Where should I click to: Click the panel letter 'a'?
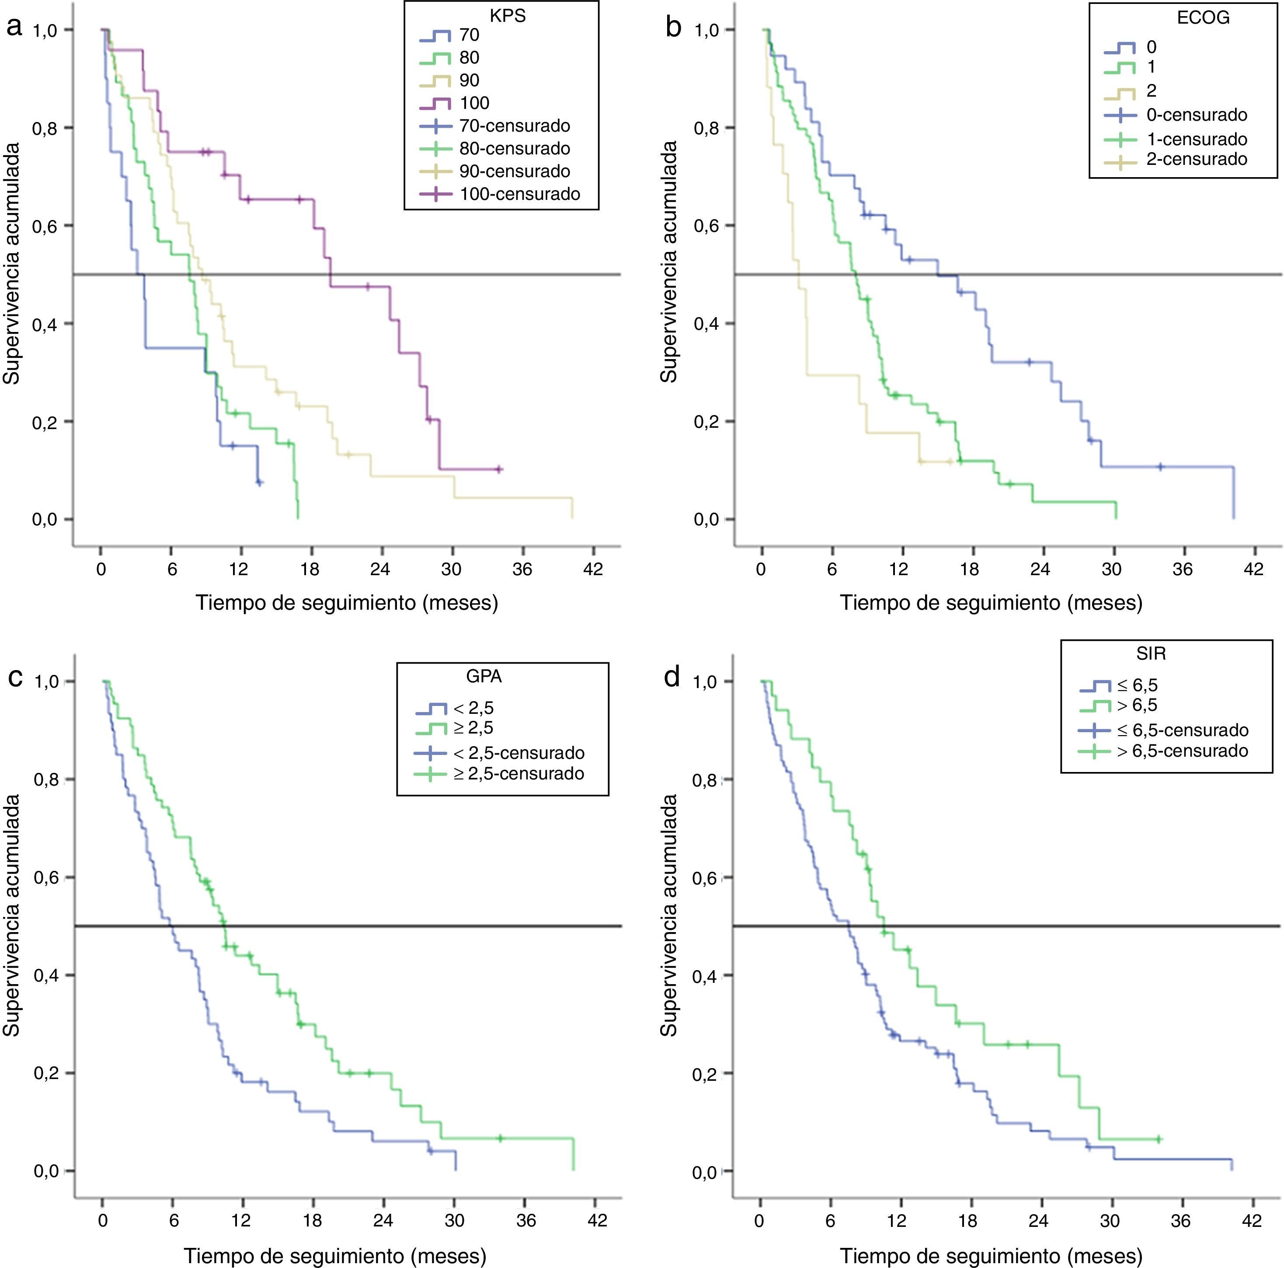tap(14, 28)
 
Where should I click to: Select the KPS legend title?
tap(508, 16)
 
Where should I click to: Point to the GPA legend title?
tap(484, 677)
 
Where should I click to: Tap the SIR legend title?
tap(1151, 653)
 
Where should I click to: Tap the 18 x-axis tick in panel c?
tap(312, 1221)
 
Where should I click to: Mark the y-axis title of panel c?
tap(12, 915)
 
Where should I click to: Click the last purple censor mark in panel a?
tap(500, 469)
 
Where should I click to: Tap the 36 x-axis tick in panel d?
tap(1180, 1221)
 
